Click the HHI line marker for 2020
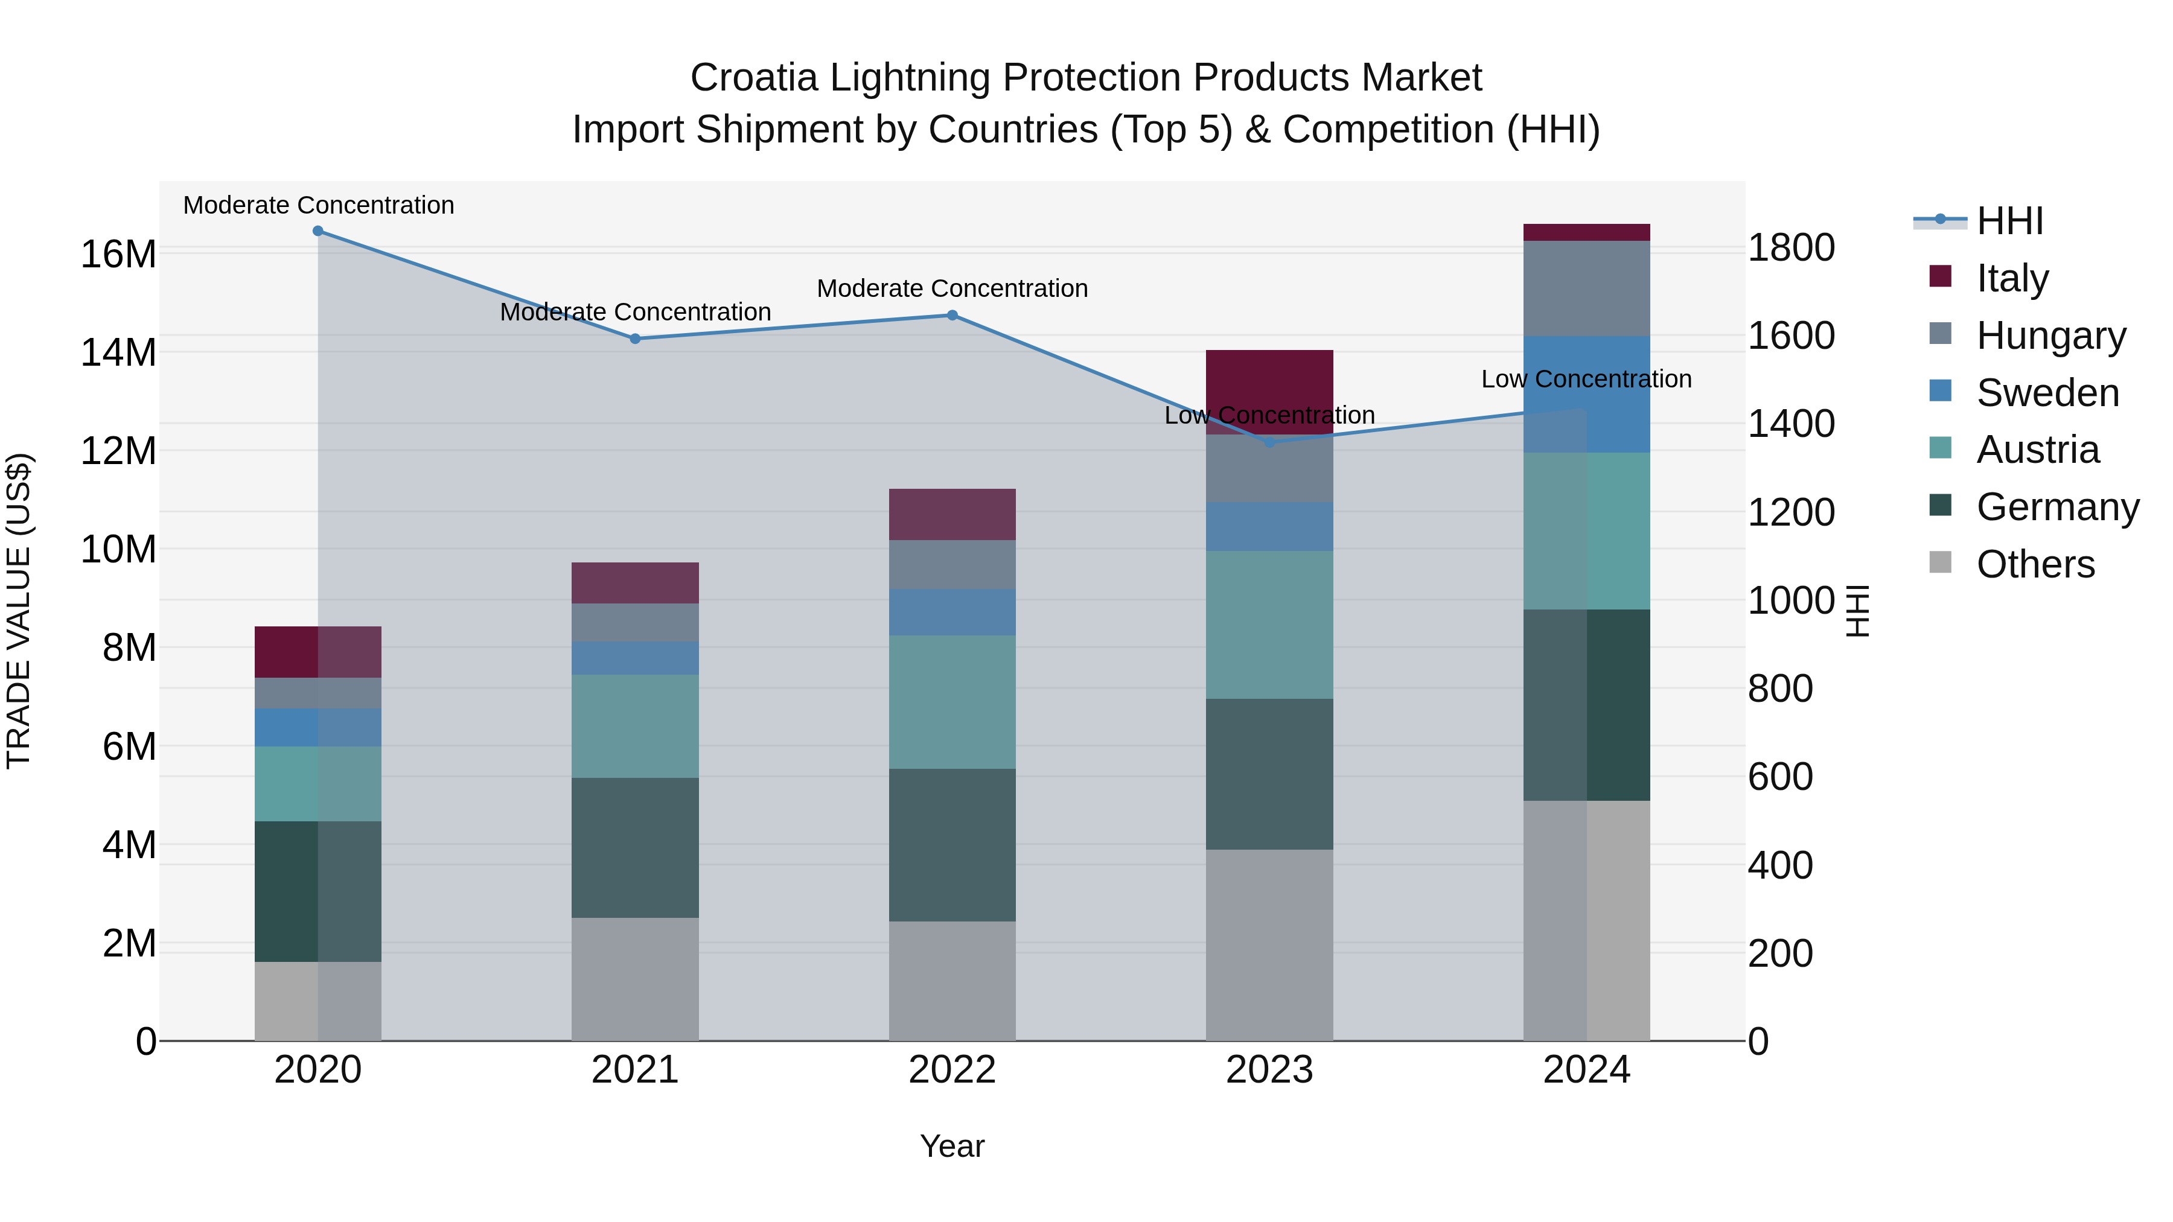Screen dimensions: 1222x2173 point(318,231)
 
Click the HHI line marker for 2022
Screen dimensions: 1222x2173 point(952,316)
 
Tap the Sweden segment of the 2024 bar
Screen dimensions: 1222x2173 point(1587,394)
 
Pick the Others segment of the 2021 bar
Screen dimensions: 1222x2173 point(635,979)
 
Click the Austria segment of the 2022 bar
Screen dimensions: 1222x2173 point(952,702)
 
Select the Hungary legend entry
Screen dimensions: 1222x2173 point(2050,336)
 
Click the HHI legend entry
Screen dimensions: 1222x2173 point(2009,221)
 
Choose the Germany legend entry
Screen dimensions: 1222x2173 point(2057,507)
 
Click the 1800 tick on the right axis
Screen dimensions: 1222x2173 point(1791,248)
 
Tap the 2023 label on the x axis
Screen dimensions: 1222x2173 point(1269,1070)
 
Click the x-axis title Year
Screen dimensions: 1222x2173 point(952,1146)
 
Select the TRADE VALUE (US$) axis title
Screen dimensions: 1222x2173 point(19,611)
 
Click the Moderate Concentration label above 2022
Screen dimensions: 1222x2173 point(952,288)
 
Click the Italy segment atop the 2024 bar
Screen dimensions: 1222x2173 point(1587,233)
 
